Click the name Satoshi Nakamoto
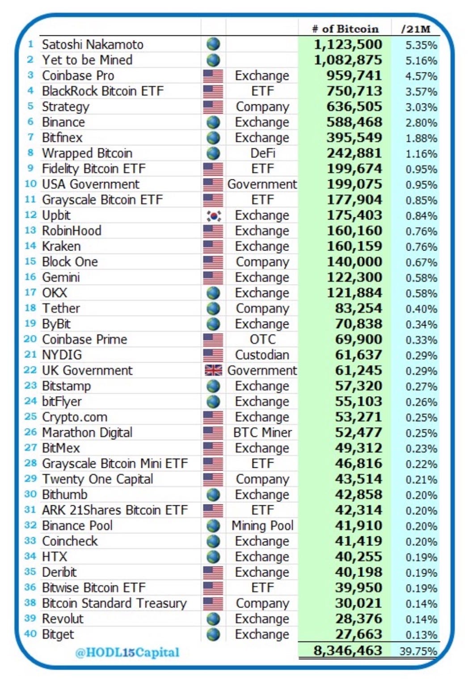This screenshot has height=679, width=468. [93, 45]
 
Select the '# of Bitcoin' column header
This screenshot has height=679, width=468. [345, 29]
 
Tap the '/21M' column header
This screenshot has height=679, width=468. [416, 29]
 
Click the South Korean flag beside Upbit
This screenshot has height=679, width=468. [213, 216]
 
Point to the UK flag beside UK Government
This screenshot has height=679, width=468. [213, 370]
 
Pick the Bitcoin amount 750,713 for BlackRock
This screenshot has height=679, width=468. [354, 91]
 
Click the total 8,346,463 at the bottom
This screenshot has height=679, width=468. [348, 650]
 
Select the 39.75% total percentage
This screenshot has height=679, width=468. [418, 651]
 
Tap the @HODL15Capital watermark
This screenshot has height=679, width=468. [127, 652]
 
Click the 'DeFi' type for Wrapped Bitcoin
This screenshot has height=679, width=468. [262, 153]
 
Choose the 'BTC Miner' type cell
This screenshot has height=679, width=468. [262, 433]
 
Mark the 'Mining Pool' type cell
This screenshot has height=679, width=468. [262, 526]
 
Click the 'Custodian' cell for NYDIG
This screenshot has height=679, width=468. [262, 355]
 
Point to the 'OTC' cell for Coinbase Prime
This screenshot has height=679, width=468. [262, 339]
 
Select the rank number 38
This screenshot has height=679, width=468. [30, 603]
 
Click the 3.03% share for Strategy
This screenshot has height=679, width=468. [421, 107]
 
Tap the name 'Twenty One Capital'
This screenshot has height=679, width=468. [97, 479]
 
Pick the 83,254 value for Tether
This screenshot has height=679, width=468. [358, 309]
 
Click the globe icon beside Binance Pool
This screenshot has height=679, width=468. [213, 526]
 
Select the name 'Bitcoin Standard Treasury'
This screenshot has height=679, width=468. [114, 603]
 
